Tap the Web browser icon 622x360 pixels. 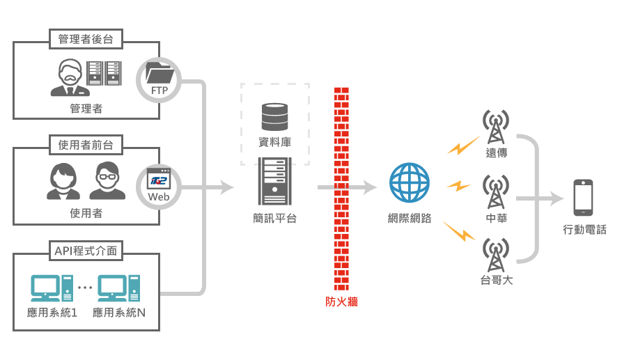point(159,182)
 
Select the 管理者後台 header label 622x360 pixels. point(86,40)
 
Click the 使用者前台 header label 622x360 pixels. point(86,145)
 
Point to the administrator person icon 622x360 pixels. point(70,77)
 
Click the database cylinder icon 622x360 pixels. point(274,116)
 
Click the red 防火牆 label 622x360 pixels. point(341,302)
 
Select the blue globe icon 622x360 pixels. point(410,182)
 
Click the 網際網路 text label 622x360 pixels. point(410,219)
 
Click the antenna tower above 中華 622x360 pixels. point(496,192)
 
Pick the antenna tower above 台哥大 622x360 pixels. point(496,256)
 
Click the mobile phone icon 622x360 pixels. point(584,198)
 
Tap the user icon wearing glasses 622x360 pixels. point(107,180)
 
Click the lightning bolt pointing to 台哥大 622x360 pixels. point(458,231)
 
